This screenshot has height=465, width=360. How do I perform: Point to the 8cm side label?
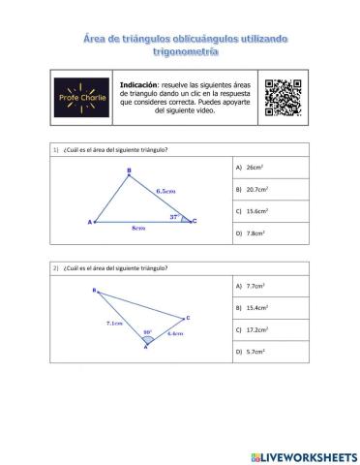point(139,229)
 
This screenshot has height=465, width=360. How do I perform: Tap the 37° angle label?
point(175,216)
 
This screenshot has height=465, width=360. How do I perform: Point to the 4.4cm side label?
point(175,333)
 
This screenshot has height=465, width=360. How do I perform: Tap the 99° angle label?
point(147,331)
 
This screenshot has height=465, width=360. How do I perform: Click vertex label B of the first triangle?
point(130,171)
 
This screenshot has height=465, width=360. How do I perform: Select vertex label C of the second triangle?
point(188,317)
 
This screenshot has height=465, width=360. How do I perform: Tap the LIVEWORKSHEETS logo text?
point(310,455)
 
